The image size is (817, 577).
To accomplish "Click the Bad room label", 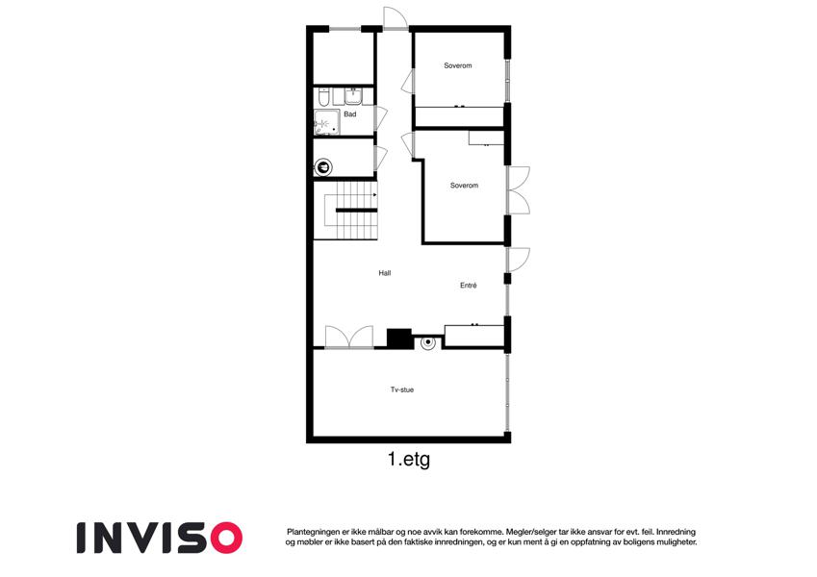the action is (349, 114).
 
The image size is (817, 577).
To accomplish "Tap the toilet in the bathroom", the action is (323, 96).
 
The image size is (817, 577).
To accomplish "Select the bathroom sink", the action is (353, 96).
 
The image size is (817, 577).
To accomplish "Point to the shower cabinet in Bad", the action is (326, 122).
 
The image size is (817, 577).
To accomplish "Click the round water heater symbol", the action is (324, 167).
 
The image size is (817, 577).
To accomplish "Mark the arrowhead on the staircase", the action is (374, 195).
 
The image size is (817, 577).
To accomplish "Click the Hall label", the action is (385, 273).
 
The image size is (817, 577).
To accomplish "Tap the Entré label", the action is (468, 286).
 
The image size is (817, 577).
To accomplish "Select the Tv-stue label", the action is (401, 389).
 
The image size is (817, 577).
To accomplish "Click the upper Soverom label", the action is (457, 65).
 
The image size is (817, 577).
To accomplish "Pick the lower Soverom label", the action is (464, 186).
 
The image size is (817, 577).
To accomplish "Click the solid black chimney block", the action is (399, 338).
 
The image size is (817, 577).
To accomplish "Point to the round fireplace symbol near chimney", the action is (428, 342).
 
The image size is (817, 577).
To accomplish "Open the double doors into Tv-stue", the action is (349, 337).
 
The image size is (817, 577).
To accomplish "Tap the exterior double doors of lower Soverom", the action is (519, 190).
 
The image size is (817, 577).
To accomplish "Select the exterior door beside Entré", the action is (519, 260).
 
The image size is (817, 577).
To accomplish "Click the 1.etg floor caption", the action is (408, 460).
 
